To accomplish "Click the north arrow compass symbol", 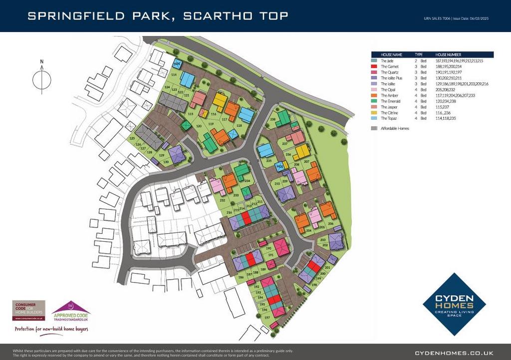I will coord(42,78).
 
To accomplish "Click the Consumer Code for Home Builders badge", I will coord(28,310).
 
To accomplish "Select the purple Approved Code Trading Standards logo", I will coord(71,311).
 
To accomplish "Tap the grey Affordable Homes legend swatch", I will coord(374,128).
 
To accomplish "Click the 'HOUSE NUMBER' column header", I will coord(449,54).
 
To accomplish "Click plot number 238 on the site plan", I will coord(272,120).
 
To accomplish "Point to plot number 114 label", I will coord(174,75).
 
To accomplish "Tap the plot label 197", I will coord(267,318).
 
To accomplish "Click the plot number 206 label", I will coord(330,223).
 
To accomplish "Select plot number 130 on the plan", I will coord(166,162).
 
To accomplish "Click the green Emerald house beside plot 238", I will coord(283,118).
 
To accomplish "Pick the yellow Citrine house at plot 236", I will coord(302,151).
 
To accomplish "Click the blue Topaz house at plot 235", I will coord(264,150).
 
